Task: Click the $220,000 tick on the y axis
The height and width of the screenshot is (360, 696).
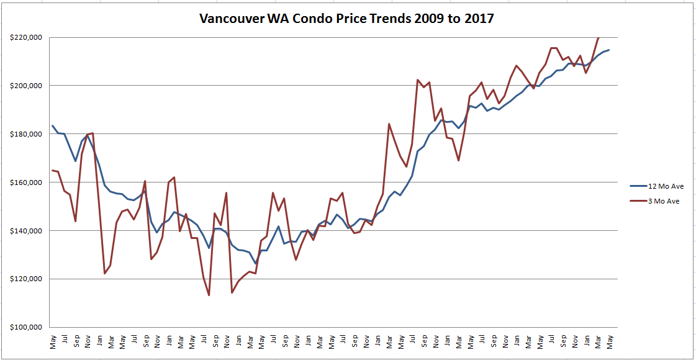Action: tap(27, 37)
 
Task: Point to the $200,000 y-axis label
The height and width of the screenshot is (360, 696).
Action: tap(27, 86)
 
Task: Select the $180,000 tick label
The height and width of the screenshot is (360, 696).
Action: tap(27, 134)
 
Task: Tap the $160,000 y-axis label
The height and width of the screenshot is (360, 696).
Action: tap(27, 182)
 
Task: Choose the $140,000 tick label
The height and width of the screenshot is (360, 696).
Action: tap(27, 231)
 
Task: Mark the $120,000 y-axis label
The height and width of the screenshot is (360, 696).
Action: tap(27, 279)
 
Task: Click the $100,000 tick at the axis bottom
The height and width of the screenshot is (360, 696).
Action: tap(27, 327)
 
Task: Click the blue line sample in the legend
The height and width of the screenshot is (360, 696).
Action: tap(640, 185)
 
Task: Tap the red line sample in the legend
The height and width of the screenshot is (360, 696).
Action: tap(640, 201)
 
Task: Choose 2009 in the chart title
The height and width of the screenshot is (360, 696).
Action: tap(432, 18)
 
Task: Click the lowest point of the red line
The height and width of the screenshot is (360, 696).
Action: tap(209, 295)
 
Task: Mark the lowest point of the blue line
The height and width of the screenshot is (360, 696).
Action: tap(256, 264)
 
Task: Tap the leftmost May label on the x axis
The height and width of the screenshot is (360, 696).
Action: tap(53, 342)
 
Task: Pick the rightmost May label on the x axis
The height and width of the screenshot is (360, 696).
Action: tap(610, 342)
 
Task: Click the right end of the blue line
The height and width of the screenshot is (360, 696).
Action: tap(609, 50)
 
